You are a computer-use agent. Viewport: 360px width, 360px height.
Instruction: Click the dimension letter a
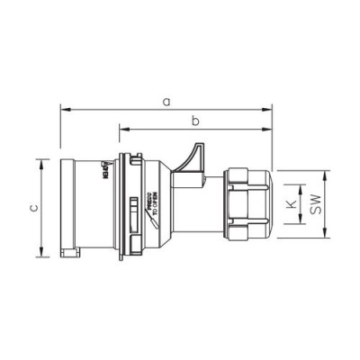click(166, 102)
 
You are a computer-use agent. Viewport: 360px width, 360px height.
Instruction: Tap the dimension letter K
click(290, 205)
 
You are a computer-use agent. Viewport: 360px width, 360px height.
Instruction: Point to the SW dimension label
click(315, 206)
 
